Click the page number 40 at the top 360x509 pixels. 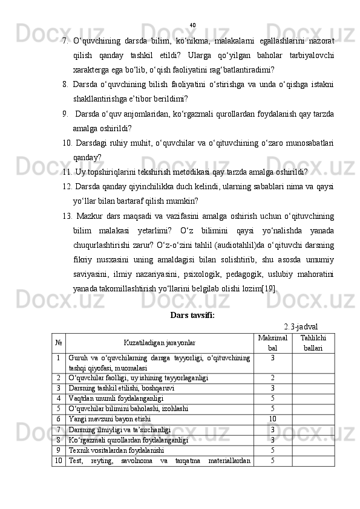(x=192, y=25)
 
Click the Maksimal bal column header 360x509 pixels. (x=272, y=343)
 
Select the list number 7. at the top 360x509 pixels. (x=64, y=41)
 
